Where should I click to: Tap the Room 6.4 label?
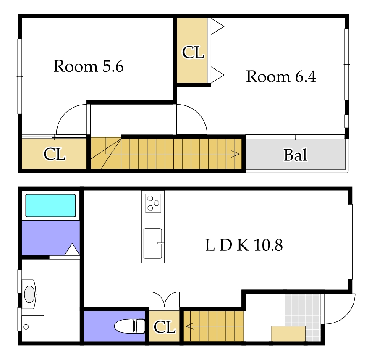[281, 76]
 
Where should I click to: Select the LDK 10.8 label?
[244, 245]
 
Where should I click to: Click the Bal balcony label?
[295, 155]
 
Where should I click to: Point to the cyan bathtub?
[50, 205]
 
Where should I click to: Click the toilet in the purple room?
[130, 326]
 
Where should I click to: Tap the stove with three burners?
[153, 203]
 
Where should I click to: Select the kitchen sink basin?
[153, 244]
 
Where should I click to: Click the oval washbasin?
[29, 294]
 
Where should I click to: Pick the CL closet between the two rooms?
[193, 52]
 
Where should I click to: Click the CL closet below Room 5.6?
[54, 154]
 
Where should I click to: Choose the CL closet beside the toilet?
[165, 327]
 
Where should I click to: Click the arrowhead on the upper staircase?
[236, 154]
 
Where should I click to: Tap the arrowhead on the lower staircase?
[190, 326]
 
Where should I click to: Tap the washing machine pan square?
[33, 327]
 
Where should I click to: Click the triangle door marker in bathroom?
[72, 249]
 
